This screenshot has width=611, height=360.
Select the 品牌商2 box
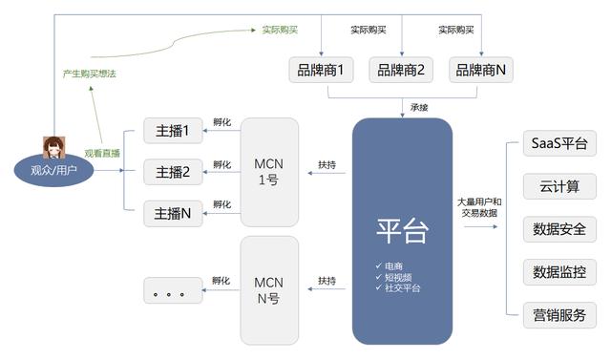401,70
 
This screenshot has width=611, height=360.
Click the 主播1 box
173,131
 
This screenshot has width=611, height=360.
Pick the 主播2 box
173,172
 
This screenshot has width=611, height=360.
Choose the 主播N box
173,214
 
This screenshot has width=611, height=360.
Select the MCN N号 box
269,289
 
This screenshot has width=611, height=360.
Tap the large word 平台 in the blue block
402,230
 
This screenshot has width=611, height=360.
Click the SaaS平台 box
559,145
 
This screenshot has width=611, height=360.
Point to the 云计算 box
559,187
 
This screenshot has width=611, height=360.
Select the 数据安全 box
559,229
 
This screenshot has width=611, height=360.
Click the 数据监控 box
559,272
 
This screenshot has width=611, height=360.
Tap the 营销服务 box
559,314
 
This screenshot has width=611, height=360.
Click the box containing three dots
173,290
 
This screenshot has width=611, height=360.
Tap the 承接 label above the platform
419,107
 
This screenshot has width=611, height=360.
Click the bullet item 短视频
399,277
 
